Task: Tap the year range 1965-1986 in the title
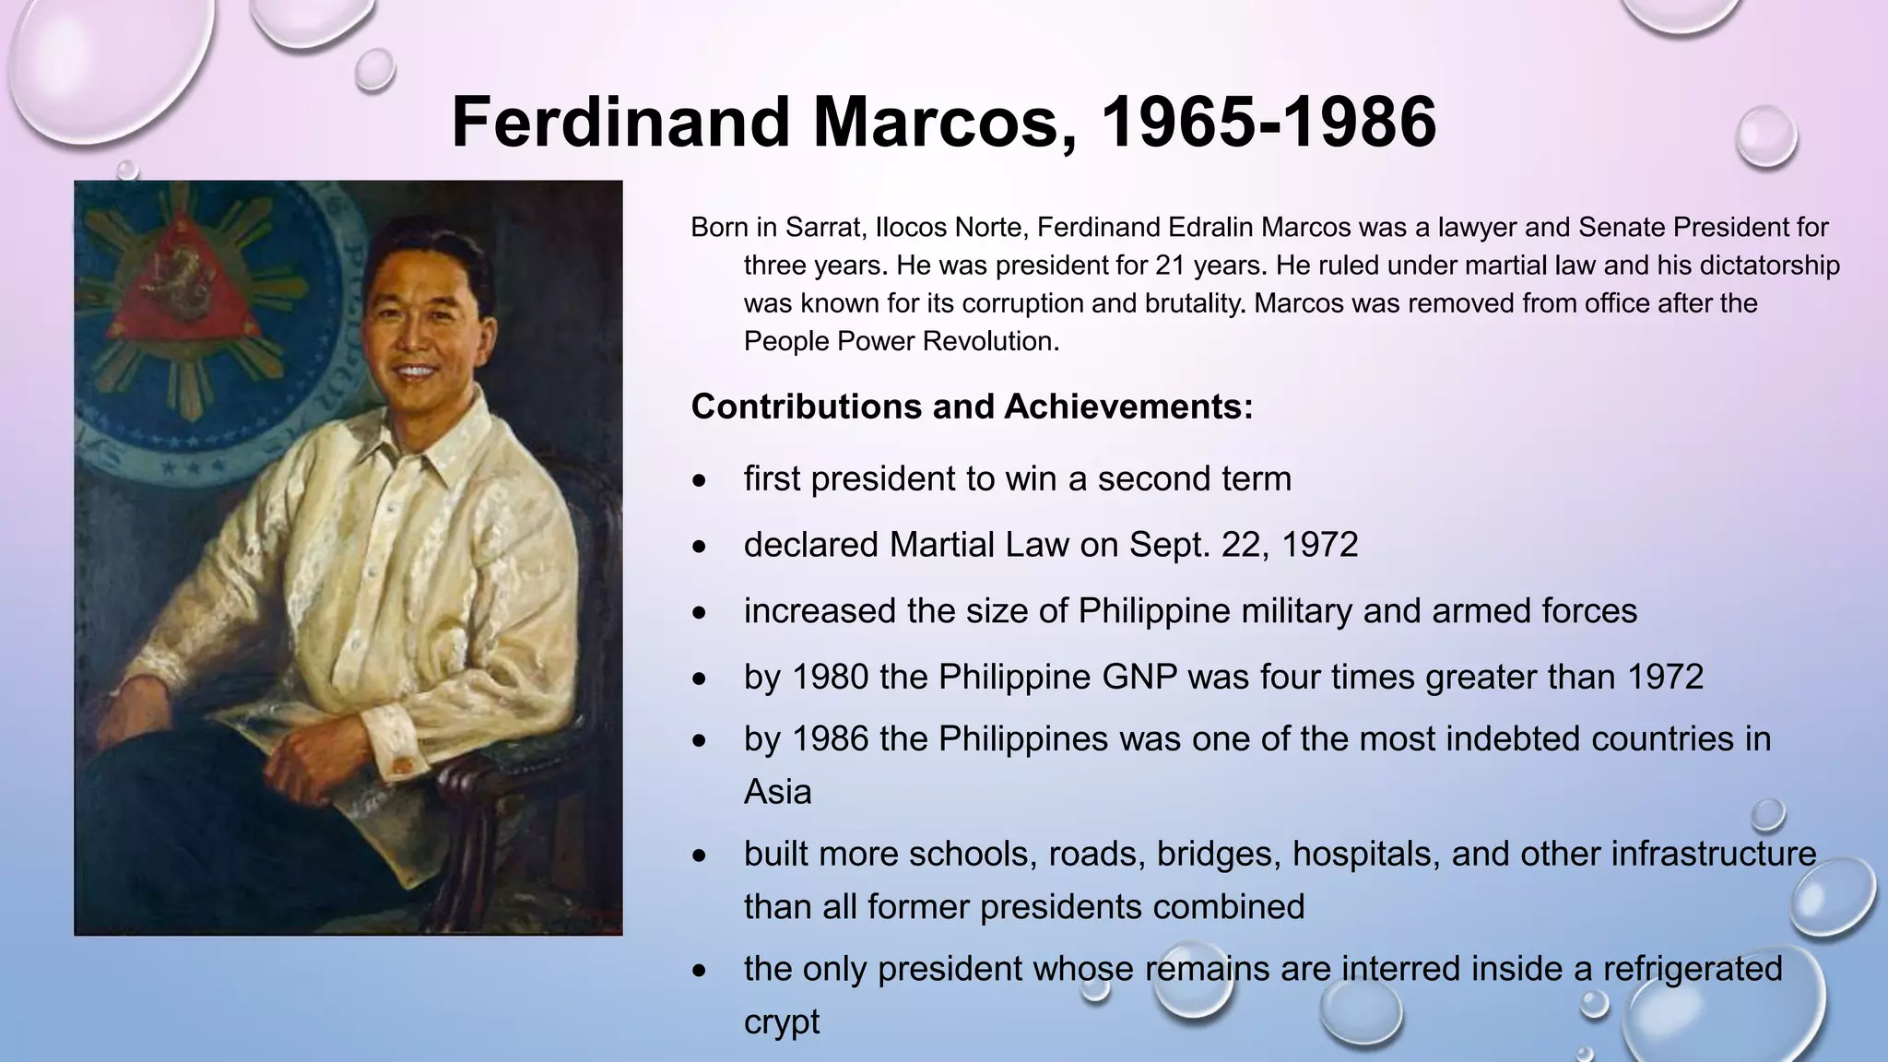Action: [x=1268, y=123]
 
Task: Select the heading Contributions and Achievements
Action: [x=972, y=407]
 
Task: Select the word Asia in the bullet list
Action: [x=777, y=792]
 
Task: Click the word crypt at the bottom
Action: [x=781, y=1021]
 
